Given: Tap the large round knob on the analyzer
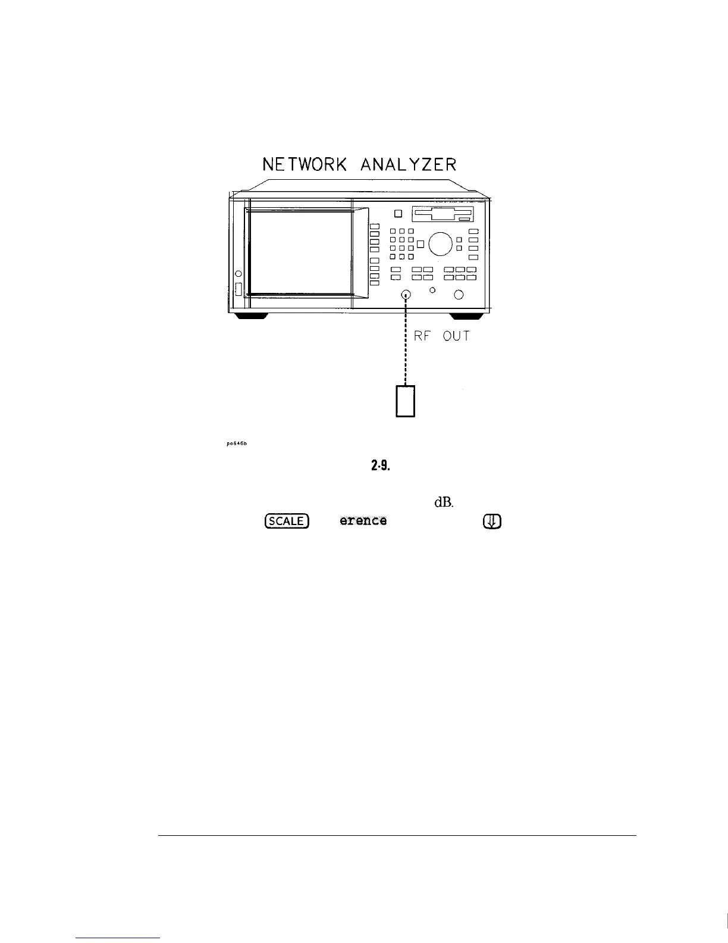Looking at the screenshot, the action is (x=440, y=243).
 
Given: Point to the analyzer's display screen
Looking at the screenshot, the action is (x=302, y=251).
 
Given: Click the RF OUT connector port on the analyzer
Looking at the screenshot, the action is (x=406, y=294).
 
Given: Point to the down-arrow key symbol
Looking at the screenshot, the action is (x=493, y=522).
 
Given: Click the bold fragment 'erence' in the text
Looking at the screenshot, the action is (x=363, y=521).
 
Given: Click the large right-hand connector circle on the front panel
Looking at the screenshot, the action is (x=459, y=295).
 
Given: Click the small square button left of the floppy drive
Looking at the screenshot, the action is (x=398, y=214).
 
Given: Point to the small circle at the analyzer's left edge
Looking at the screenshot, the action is (x=238, y=273).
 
